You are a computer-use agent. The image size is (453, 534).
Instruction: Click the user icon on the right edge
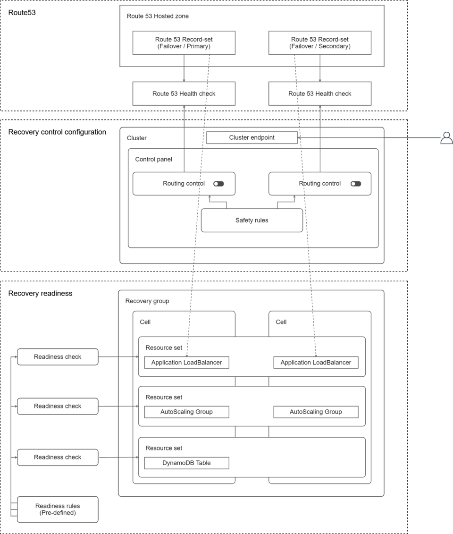point(446,138)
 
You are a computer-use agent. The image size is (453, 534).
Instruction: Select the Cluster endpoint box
point(252,137)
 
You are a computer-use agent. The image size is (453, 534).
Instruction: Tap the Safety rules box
point(252,220)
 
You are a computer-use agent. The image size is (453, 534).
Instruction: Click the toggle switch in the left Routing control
point(218,184)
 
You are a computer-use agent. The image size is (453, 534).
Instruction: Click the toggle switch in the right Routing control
point(355,184)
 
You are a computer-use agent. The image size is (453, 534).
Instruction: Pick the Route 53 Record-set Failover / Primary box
point(184,43)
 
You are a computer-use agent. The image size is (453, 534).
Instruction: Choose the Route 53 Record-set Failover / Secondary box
point(319,43)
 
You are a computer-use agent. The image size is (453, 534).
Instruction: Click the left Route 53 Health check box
point(184,93)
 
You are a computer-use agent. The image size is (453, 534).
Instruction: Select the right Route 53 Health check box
point(319,93)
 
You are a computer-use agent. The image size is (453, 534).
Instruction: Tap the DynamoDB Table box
point(186,463)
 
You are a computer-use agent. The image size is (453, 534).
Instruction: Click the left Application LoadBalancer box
point(186,363)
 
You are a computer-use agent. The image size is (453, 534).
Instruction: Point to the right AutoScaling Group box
point(316,412)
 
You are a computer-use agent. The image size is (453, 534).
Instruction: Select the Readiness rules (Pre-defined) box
point(58,509)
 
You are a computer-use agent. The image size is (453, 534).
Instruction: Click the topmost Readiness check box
point(58,357)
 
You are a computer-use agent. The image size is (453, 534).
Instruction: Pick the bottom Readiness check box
point(58,457)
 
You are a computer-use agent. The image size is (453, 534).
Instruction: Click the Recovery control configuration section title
point(57,132)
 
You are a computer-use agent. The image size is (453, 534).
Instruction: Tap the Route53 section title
point(22,13)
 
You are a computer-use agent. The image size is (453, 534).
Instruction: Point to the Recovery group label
point(147,301)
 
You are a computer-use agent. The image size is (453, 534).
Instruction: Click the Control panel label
point(153,160)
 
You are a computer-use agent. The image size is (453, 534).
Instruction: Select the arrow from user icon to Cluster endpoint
point(368,138)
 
